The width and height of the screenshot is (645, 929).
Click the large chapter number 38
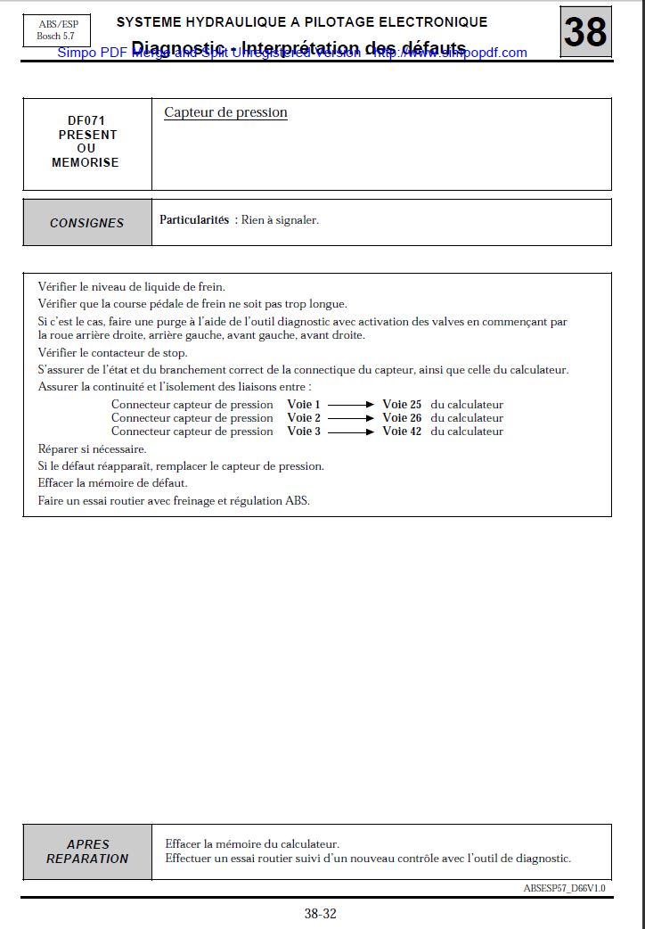585,32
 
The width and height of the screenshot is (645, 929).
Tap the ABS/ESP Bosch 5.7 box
55,30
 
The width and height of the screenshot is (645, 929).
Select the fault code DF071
86,120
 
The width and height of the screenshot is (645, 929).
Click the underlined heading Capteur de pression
225,112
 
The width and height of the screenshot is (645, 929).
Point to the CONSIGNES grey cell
87,223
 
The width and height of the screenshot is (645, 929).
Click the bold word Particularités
194,219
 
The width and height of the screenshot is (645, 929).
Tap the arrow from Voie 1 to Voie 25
351,405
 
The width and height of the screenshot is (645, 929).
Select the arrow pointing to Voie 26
351,418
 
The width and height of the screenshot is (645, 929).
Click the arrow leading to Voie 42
351,432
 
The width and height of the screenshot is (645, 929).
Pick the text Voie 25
402,405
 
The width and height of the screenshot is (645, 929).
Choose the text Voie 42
402,432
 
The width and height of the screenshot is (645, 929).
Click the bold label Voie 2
304,418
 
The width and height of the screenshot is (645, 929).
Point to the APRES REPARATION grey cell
87,851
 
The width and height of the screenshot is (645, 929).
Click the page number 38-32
321,913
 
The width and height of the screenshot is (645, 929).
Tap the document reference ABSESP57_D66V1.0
564,888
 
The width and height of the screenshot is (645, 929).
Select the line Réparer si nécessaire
92,448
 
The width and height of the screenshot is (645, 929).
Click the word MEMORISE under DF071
86,162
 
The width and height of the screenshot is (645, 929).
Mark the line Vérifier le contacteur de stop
112,353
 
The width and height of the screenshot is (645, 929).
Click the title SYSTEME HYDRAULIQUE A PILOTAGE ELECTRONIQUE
302,21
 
